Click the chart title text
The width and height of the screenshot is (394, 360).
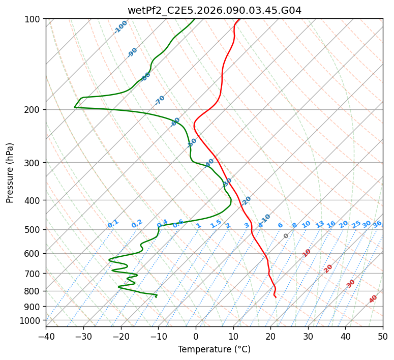tap(214, 10)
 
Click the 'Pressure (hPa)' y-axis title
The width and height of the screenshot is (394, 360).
tap(10, 173)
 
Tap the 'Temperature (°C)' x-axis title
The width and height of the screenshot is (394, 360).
tap(214, 349)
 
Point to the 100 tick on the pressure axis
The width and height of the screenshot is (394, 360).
tap(35, 19)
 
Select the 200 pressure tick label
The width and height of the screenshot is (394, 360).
tap(35, 110)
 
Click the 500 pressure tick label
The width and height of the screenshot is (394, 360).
tap(35, 230)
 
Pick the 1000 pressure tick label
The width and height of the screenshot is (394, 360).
tap(33, 320)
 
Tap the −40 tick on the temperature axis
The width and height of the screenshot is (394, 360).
tap(46, 337)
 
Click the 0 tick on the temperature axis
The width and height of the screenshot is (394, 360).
tap(196, 337)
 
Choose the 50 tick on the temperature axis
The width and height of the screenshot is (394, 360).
tap(383, 337)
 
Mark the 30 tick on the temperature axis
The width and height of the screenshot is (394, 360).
tap(308, 337)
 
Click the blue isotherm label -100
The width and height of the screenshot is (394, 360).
tap(120, 26)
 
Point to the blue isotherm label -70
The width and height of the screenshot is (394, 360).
tap(160, 100)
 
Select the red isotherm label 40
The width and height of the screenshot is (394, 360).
tap(373, 299)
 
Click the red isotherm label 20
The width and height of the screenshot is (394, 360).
tap(328, 268)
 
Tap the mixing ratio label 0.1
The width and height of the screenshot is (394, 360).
tap(113, 223)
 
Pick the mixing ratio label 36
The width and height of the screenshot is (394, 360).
tap(377, 224)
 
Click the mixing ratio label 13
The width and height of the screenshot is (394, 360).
tap(320, 224)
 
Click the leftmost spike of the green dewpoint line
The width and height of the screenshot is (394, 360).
tap(74, 107)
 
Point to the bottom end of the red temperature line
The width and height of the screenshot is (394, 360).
tap(276, 296)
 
